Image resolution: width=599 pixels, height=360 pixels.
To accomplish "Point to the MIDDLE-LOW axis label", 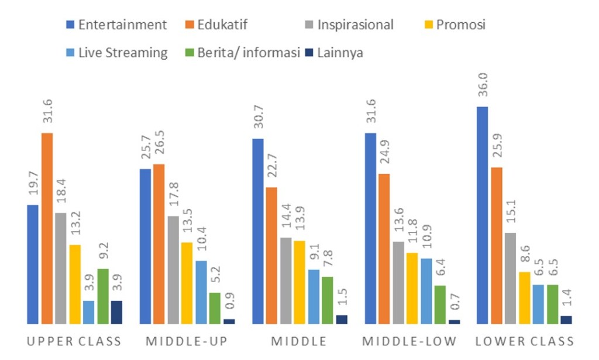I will click(x=409, y=341).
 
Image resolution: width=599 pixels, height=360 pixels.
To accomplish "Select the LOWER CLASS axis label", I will click(x=524, y=341).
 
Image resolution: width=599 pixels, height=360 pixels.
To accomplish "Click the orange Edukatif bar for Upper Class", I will click(x=47, y=228).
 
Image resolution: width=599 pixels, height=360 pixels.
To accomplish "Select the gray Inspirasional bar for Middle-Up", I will click(x=173, y=270).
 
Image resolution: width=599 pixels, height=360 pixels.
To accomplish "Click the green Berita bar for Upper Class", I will click(x=103, y=296).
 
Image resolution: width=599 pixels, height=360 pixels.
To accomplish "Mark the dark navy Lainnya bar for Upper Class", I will click(x=117, y=312).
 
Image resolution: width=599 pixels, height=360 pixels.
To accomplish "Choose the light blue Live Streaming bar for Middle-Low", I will click(x=426, y=291).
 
